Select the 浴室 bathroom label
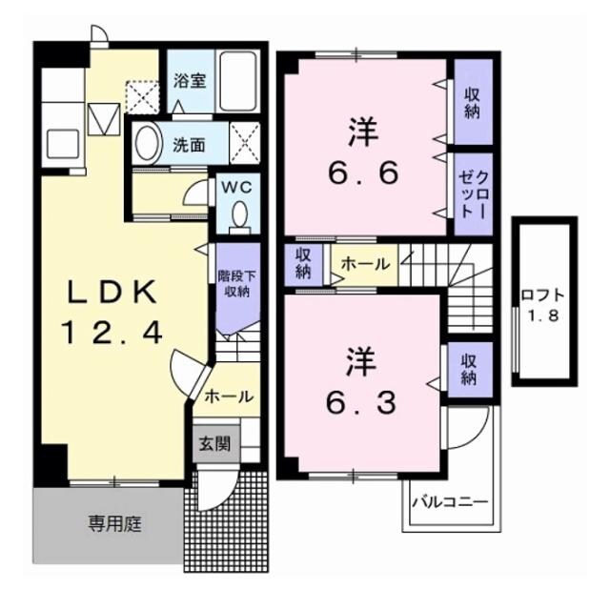[188, 80]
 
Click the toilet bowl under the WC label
[239, 213]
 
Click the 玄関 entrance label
[214, 443]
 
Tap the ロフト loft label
[543, 295]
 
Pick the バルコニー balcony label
[449, 501]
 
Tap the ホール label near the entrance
[229, 396]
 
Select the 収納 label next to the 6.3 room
[469, 369]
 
